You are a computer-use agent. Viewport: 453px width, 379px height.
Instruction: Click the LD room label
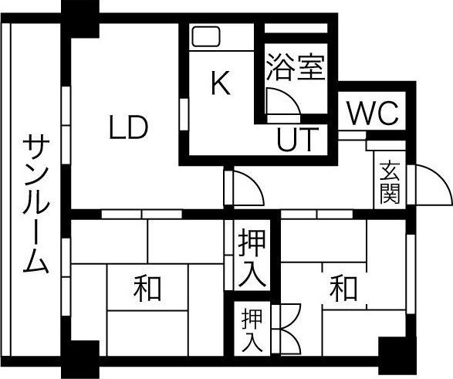(x=129, y=127)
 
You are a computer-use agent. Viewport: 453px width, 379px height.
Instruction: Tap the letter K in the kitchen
(x=221, y=83)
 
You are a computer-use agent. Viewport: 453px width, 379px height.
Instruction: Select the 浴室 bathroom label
(x=296, y=67)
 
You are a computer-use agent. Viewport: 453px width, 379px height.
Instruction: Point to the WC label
(x=374, y=113)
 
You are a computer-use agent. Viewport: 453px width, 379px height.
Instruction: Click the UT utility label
(x=298, y=140)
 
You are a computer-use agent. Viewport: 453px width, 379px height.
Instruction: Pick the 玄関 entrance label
(x=390, y=183)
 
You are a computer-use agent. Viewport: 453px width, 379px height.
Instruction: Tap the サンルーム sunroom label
(x=35, y=204)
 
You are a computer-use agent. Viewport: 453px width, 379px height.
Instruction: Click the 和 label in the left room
(x=147, y=288)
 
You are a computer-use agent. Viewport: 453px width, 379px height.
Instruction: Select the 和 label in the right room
(x=343, y=288)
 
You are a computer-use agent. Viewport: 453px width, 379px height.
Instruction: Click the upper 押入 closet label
(x=252, y=257)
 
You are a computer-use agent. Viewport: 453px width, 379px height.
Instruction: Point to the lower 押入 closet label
(x=252, y=330)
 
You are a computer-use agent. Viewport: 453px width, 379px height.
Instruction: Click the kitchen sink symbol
(x=206, y=37)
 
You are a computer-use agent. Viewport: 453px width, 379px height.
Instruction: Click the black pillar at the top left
(x=80, y=19)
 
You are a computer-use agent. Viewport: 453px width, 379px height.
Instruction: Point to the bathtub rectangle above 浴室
(x=296, y=29)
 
